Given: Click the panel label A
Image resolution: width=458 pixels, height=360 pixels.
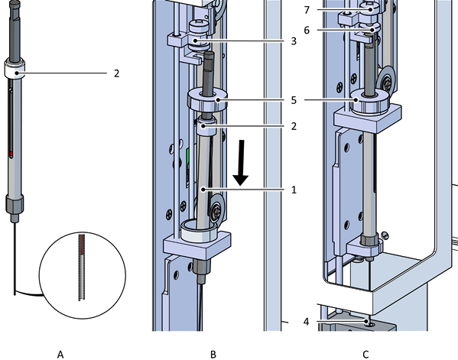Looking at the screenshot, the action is click(x=60, y=355).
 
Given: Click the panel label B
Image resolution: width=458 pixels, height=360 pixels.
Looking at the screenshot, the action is click(x=213, y=355).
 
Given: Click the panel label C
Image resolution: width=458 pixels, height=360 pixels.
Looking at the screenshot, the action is click(x=365, y=355).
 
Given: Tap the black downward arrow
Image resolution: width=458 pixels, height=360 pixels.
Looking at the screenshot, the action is click(x=241, y=163).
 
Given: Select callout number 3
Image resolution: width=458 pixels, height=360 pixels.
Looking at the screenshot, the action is click(x=294, y=41).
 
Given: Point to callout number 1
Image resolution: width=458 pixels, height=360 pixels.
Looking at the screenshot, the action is click(x=294, y=190).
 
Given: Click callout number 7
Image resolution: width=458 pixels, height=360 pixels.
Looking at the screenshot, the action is click(x=307, y=10).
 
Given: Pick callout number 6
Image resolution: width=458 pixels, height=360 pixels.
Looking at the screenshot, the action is click(x=307, y=30).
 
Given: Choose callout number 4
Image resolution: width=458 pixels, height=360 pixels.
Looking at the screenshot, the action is click(x=306, y=322).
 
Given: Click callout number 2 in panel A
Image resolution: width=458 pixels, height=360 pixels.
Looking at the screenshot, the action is click(x=116, y=73).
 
